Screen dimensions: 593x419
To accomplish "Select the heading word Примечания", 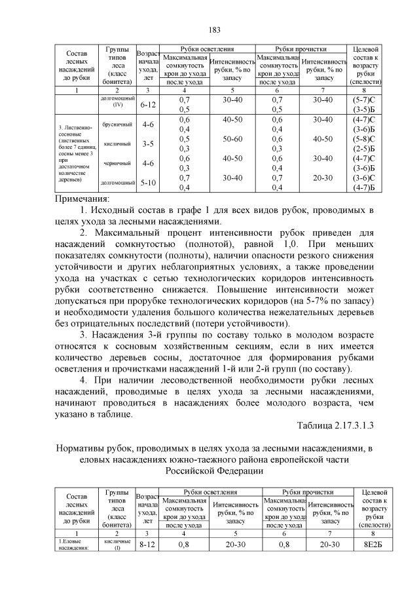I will click(x=82, y=199).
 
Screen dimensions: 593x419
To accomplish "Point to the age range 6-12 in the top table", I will click(x=147, y=104).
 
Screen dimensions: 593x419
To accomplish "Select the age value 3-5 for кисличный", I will click(x=147, y=144).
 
